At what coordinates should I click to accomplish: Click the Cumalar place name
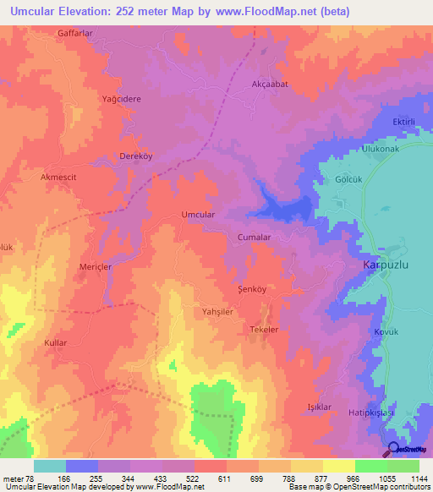[x=254, y=238]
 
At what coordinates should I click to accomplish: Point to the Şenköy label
[x=252, y=289]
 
